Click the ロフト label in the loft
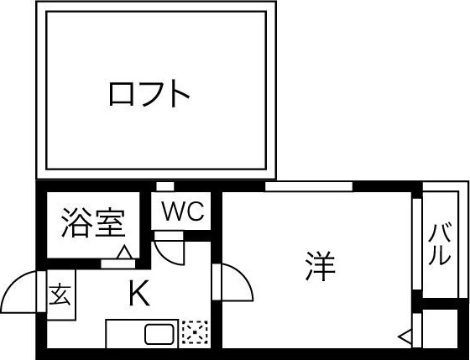pos(149,94)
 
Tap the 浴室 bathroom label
pos(93,222)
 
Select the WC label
pos(183,211)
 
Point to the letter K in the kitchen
pos(139,293)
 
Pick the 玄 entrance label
pos(60,295)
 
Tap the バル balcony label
pos(440,244)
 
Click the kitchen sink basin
pos(159,334)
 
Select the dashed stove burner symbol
pos(195,332)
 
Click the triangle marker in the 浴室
pos(124,252)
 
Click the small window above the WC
pos(165,186)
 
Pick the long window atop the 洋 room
pos(309,186)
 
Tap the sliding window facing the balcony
pos(417,244)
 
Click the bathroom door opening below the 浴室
pos(117,263)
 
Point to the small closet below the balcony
pos(440,328)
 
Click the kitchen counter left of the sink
pos(125,334)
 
